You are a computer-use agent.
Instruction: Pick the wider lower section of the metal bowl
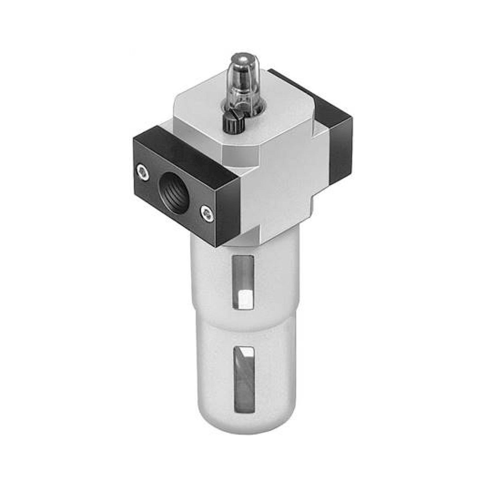point(215,376)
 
